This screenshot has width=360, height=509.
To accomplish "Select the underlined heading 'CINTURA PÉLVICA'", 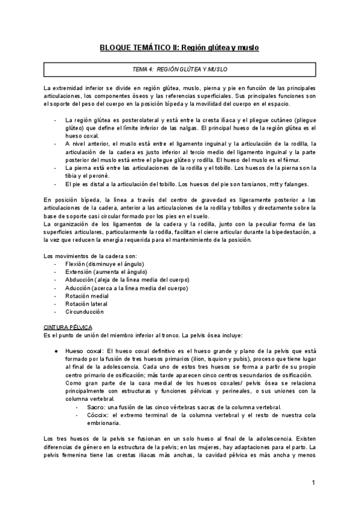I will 68,327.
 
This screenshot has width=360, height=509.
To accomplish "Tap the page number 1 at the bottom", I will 313,483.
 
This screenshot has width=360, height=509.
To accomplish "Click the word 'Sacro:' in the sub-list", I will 95,406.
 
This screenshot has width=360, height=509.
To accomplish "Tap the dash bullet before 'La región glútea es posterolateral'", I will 56,120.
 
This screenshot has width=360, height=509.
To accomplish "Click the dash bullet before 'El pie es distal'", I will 56,184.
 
